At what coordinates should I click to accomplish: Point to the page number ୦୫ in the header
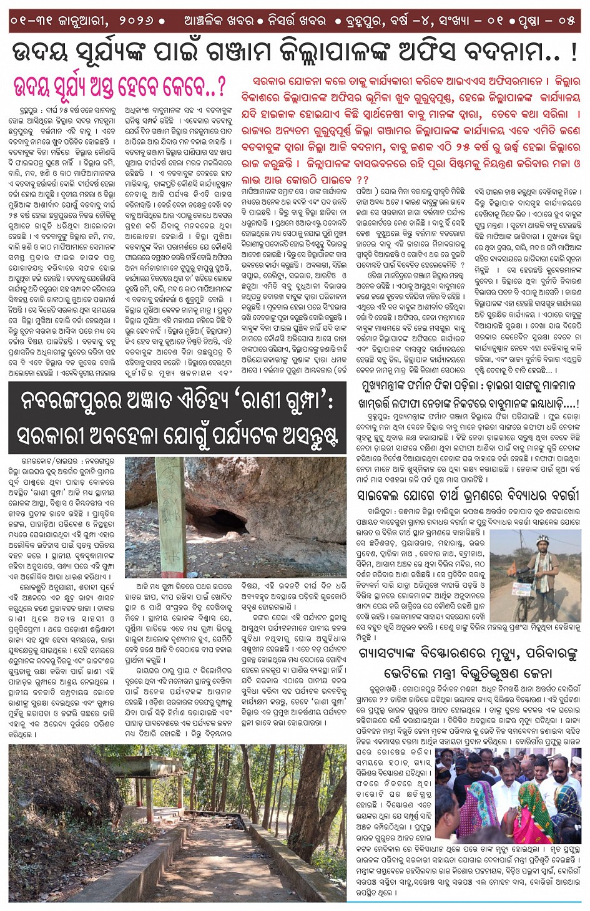[566, 21]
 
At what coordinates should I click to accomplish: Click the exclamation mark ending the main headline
[573, 53]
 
